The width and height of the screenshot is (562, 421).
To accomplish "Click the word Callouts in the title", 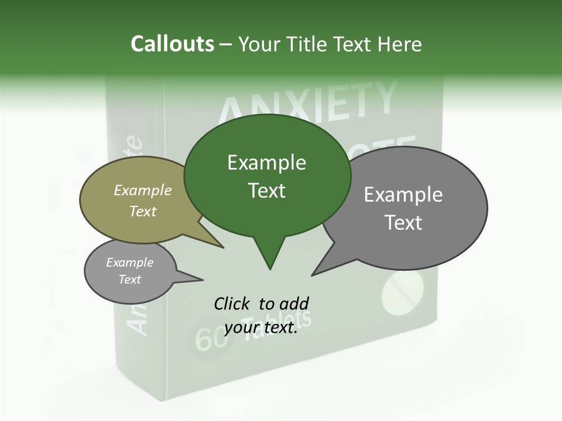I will (172, 44).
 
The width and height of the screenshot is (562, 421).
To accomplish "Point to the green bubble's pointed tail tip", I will (269, 269).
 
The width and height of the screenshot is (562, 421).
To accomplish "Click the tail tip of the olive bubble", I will (224, 247).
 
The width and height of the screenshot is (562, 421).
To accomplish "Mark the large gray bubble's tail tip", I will (313, 275).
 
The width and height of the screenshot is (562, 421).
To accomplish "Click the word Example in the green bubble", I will (267, 163).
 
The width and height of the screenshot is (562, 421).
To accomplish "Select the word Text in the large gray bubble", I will (403, 223).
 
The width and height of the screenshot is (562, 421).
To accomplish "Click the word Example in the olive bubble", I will (143, 190).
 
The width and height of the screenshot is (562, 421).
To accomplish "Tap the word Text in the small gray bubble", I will (130, 279).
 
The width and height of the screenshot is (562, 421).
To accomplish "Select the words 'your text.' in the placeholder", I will (261, 328).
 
